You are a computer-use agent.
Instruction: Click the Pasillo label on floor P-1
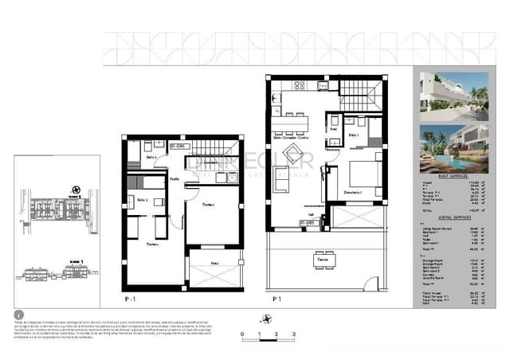pyautogui.click(x=174, y=180)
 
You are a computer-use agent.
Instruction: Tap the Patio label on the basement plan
pyautogui.click(x=214, y=262)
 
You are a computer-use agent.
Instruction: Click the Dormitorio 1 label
pyautogui.click(x=354, y=194)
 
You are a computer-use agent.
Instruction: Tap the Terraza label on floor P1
pyautogui.click(x=323, y=260)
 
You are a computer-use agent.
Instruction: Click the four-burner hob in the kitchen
pyautogui.click(x=300, y=85)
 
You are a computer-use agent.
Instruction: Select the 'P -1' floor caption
pyautogui.click(x=130, y=299)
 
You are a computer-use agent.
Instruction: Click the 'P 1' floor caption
pyautogui.click(x=277, y=299)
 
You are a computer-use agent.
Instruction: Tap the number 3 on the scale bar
pyautogui.click(x=294, y=335)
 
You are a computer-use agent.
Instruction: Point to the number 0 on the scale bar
pyautogui.click(x=241, y=335)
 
